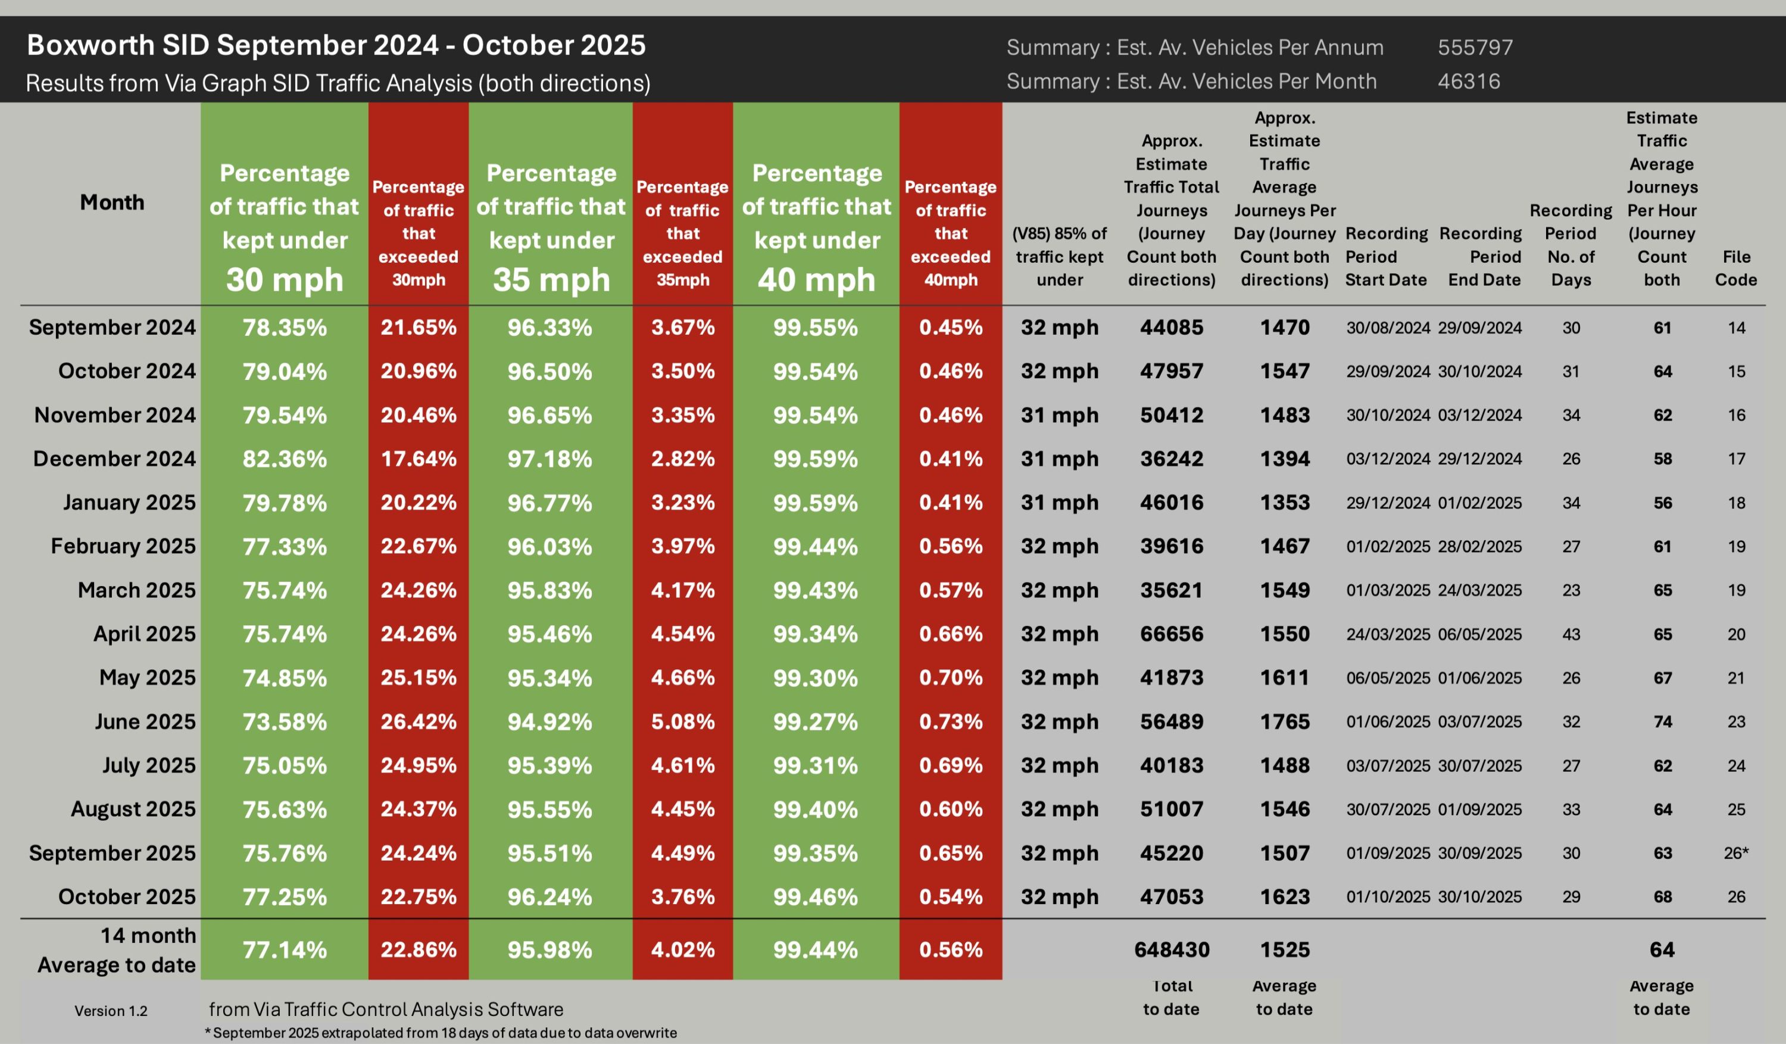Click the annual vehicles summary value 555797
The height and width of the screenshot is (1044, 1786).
click(x=1475, y=48)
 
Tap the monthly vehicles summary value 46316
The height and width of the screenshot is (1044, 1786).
click(x=1469, y=82)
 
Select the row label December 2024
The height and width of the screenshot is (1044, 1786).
click(x=114, y=459)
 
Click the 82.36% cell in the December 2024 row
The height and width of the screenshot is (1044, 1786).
click(x=284, y=459)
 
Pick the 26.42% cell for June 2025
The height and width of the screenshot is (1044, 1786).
click(x=418, y=722)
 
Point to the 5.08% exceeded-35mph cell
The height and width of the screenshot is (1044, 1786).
click(x=682, y=722)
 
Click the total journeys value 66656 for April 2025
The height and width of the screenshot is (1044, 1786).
click(x=1172, y=634)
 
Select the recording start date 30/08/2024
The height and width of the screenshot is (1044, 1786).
click(x=1388, y=328)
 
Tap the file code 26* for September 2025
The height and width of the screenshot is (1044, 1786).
click(x=1735, y=853)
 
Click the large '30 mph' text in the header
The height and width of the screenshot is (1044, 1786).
click(x=284, y=279)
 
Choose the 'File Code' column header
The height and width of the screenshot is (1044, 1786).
click(x=1735, y=268)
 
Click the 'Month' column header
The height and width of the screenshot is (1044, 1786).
click(x=112, y=202)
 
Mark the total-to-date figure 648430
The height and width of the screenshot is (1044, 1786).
click(x=1172, y=950)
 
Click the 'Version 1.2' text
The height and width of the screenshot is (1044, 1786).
click(x=111, y=1011)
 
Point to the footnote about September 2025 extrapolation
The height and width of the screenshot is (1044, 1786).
click(x=440, y=1033)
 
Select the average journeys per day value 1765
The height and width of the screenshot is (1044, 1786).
click(x=1284, y=722)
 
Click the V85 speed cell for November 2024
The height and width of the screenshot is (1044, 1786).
click(x=1060, y=415)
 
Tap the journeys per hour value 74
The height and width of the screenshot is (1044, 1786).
click(x=1662, y=722)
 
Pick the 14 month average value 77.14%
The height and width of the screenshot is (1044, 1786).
click(x=284, y=950)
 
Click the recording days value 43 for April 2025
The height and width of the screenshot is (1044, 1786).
click(x=1570, y=634)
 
